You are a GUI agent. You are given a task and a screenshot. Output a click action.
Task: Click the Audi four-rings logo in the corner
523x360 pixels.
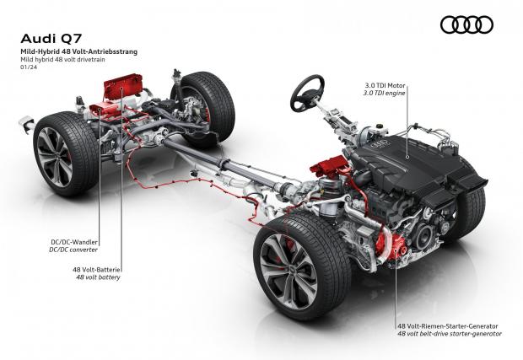tap(466, 25)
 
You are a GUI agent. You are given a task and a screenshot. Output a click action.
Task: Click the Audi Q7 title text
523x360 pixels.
tap(51, 39)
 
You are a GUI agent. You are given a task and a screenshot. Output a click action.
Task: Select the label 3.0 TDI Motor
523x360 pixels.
tap(384, 86)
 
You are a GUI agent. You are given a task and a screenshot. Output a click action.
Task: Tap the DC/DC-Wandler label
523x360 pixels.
tap(74, 242)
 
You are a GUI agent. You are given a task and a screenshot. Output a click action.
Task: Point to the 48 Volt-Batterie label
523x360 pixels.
tap(96, 269)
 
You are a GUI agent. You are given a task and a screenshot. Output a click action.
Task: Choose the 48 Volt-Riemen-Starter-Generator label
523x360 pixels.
tap(448, 326)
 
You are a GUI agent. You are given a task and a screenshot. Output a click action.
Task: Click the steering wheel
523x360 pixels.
tap(307, 93)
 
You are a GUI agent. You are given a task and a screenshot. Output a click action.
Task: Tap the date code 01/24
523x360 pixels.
tap(29, 67)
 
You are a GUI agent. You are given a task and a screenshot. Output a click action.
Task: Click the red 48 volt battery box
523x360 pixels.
tap(123, 86)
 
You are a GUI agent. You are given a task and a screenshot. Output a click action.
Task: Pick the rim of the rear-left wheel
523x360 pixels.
tap(53, 157)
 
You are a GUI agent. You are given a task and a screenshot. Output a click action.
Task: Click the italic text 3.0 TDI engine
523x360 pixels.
tap(384, 93)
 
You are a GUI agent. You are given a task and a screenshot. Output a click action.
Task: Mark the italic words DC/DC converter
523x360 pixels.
tap(73, 250)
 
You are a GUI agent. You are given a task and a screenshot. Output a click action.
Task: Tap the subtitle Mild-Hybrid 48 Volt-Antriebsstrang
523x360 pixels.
tap(79, 51)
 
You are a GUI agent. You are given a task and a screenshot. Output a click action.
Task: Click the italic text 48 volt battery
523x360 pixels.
tap(98, 277)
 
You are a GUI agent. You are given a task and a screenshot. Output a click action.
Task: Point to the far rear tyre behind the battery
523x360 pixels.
tap(202, 106)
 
